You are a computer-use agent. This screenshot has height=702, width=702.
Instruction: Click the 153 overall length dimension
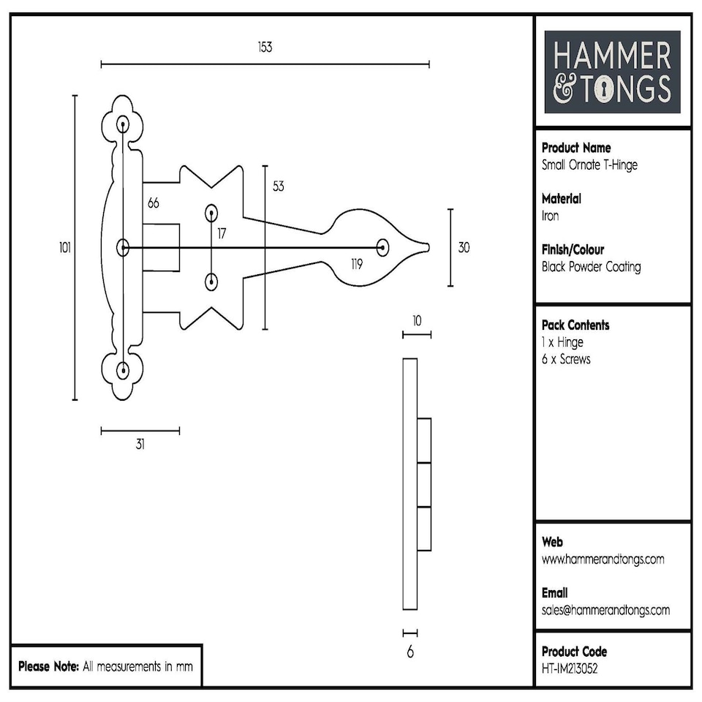(265, 48)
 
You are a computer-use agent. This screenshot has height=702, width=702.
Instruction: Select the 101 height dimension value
(65, 248)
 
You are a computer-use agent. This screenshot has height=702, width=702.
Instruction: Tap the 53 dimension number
(278, 186)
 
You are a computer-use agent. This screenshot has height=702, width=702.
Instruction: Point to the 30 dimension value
(464, 248)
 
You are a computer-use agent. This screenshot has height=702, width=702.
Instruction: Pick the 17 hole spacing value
(222, 234)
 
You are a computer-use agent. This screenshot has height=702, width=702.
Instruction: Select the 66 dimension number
(154, 203)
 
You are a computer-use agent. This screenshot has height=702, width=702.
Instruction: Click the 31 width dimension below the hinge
(140, 445)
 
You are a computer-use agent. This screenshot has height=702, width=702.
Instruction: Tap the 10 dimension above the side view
(416, 320)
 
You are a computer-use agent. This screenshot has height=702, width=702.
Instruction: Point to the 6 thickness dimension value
(410, 652)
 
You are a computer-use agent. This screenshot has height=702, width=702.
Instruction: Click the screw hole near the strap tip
(382, 247)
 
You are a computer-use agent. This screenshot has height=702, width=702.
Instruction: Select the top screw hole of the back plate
(123, 124)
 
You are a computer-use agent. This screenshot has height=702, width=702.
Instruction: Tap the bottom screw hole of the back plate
(123, 370)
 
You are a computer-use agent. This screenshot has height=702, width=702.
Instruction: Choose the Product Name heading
(576, 148)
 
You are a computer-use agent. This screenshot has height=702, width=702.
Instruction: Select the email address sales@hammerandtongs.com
(605, 610)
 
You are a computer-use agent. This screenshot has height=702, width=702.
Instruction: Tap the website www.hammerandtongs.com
(603, 559)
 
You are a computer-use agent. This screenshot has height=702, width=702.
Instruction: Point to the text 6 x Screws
(566, 359)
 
